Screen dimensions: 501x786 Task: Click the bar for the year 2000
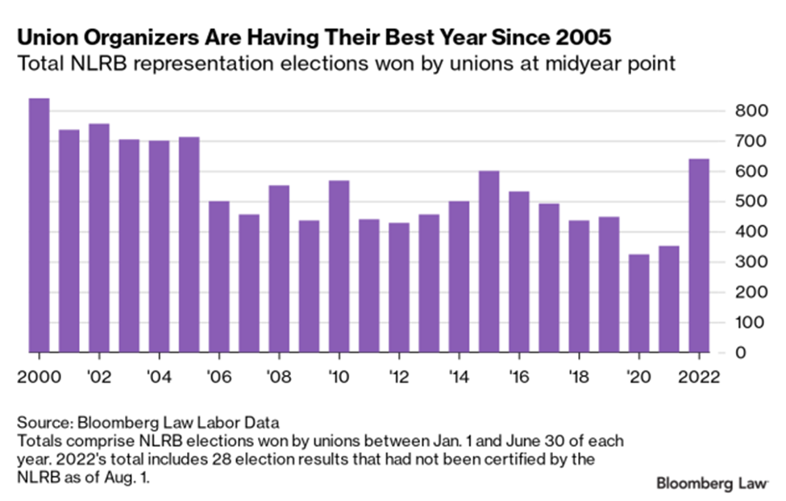pos(39,225)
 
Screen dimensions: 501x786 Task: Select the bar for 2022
pos(699,255)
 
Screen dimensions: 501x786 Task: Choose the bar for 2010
pos(339,266)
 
